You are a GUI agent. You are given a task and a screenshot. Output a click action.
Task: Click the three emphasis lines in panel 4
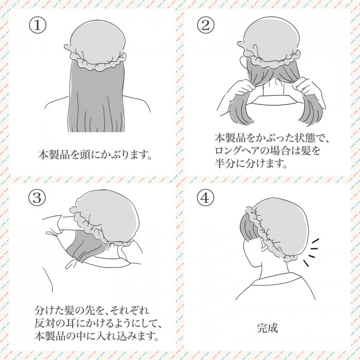pyautogui.click(x=310, y=252)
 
